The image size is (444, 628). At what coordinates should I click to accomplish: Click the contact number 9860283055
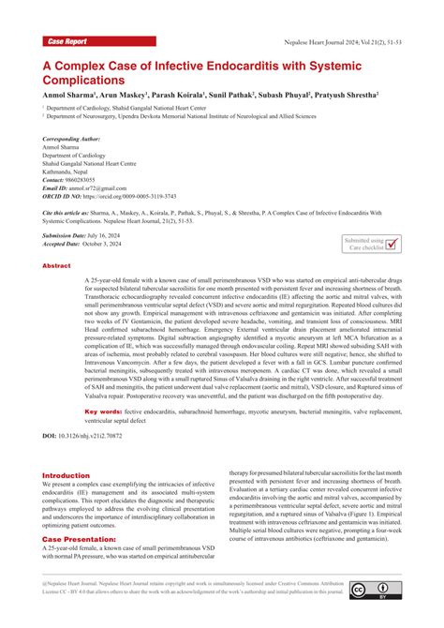(x=95, y=180)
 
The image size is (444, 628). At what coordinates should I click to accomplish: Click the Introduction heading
(x=67, y=475)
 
